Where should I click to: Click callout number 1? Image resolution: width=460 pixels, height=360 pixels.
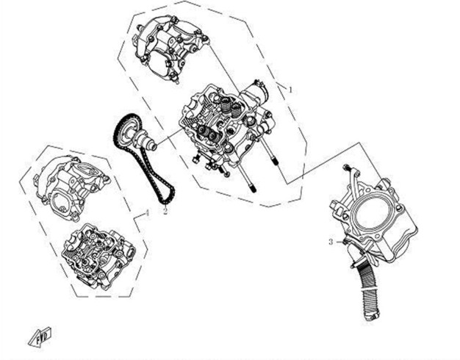click(x=290, y=90)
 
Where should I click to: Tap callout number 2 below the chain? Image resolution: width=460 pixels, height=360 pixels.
click(x=165, y=211)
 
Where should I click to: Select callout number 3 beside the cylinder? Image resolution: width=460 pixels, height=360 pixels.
click(x=331, y=242)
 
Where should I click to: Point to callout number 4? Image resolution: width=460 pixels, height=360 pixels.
click(x=148, y=213)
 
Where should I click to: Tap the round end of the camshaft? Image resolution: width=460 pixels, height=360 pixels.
click(x=154, y=145)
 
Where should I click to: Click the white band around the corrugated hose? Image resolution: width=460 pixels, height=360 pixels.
click(x=370, y=290)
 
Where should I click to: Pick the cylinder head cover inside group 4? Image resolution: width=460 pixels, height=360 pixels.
click(x=71, y=188)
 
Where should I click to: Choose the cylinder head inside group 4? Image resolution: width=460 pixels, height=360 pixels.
click(x=98, y=256)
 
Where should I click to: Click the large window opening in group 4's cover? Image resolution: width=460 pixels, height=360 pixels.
click(x=62, y=201)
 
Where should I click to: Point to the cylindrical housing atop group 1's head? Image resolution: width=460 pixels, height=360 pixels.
click(x=256, y=90)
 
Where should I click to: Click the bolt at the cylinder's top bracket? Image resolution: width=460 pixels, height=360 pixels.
click(x=347, y=168)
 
